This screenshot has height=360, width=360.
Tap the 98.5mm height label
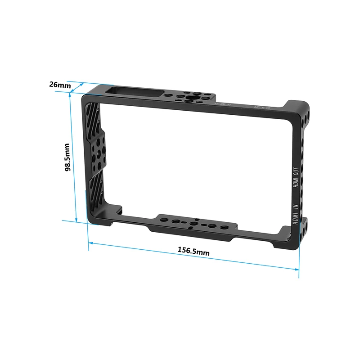pos(67,157)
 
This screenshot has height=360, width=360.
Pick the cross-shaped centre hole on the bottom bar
pos(195,223)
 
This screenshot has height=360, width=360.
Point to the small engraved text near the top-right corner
pos(261,108)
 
